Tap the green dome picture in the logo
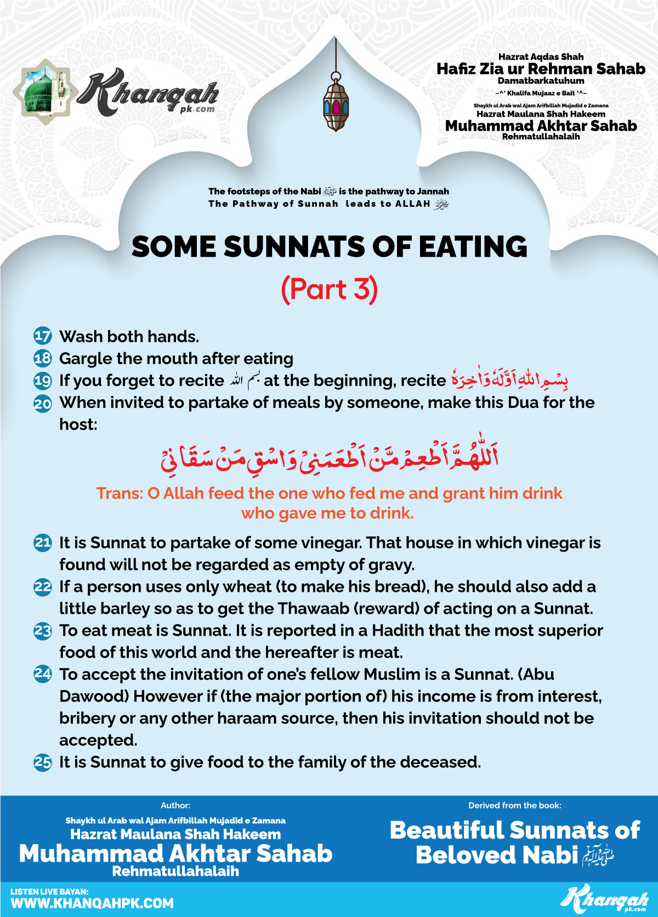44,92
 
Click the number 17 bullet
43,336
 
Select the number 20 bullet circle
43,404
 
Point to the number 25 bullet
43,762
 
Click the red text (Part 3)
329,290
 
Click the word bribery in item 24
88,718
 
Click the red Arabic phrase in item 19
509,379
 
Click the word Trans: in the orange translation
120,494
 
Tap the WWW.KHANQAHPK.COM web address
92,903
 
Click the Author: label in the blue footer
175,805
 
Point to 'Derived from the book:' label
514,805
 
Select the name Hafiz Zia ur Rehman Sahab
541,69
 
